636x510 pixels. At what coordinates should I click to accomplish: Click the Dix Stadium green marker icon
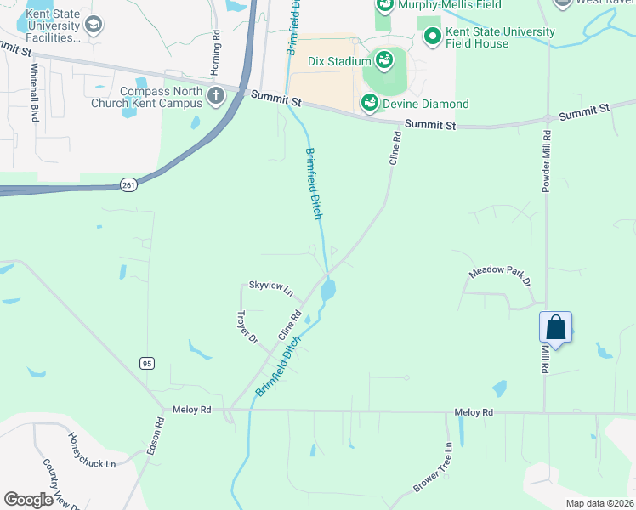click(384, 60)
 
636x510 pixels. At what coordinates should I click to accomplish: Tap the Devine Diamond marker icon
click(370, 104)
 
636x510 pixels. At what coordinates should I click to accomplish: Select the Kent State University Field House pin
click(433, 37)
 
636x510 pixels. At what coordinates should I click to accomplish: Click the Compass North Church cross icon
click(215, 94)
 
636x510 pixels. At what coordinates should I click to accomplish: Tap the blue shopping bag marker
click(555, 328)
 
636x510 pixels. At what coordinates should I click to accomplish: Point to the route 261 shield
click(128, 185)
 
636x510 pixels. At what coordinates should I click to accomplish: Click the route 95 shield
click(148, 363)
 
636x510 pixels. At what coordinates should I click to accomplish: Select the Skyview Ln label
click(270, 288)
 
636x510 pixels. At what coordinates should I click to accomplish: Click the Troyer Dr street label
click(247, 326)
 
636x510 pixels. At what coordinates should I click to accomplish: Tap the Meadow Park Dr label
click(500, 276)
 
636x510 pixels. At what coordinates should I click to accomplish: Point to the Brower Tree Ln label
click(433, 467)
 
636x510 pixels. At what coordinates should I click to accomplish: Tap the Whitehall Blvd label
click(35, 92)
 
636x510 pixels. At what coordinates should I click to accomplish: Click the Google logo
click(28, 500)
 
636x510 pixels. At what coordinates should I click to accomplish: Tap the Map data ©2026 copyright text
click(599, 503)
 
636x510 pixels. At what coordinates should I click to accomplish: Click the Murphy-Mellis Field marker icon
click(385, 4)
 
